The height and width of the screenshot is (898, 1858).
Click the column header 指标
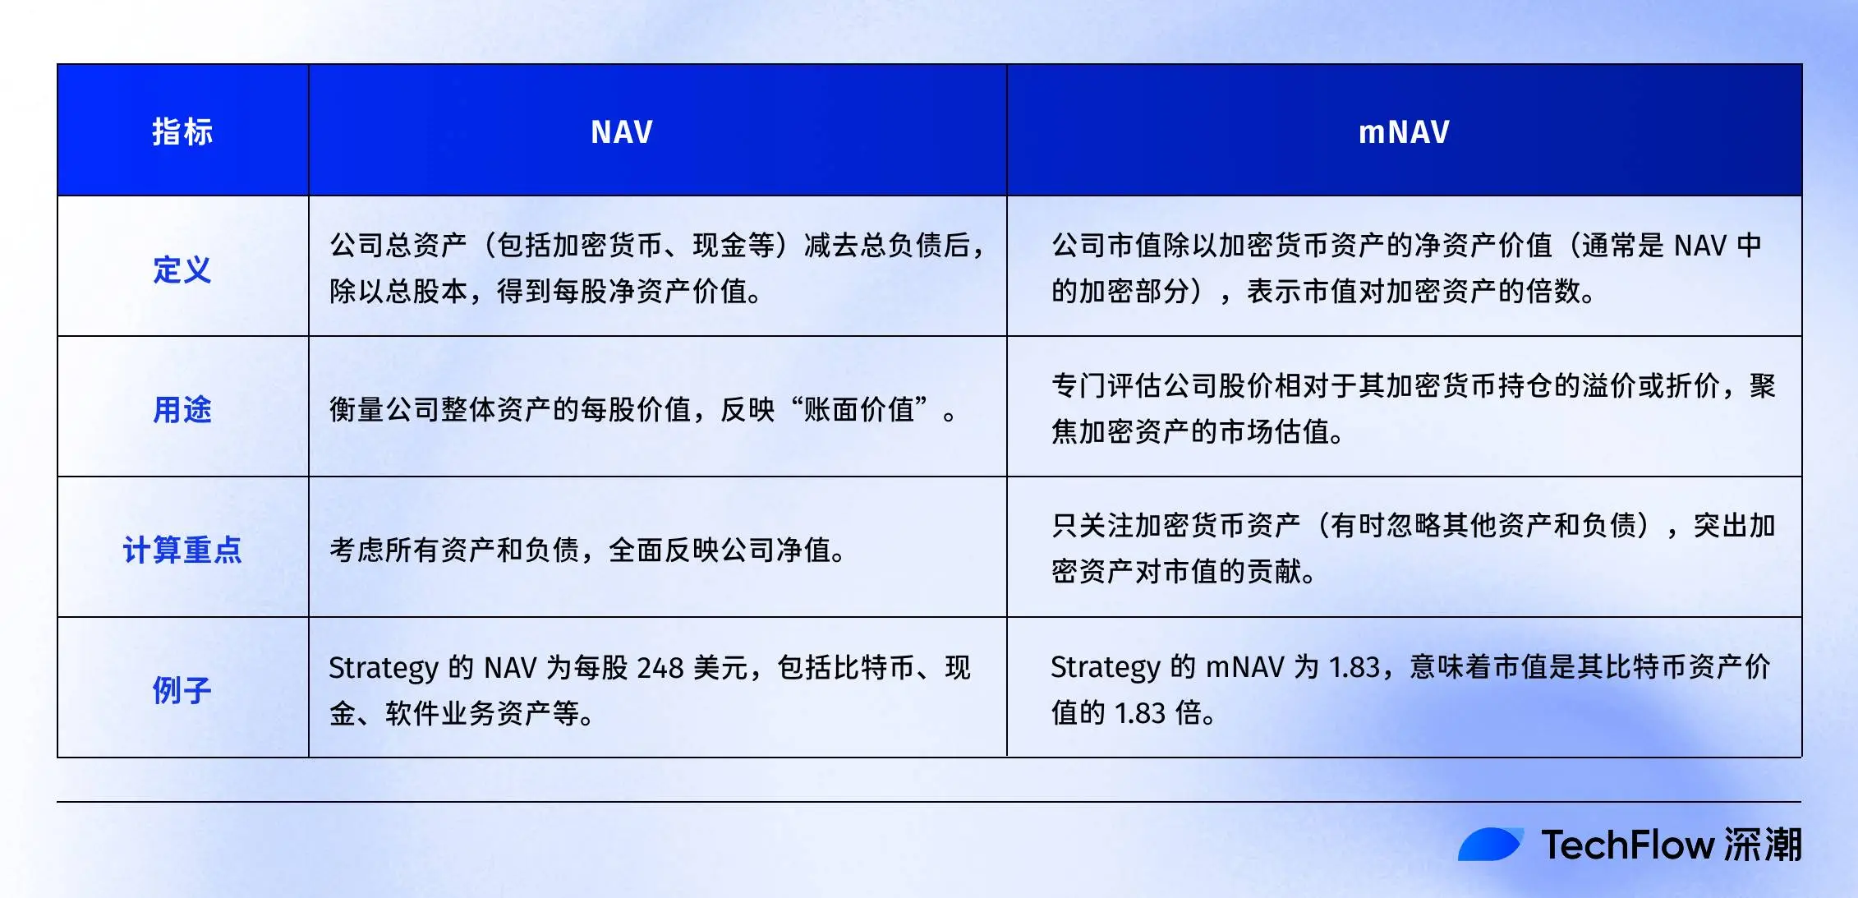tap(182, 131)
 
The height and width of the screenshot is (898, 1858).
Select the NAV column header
tap(622, 131)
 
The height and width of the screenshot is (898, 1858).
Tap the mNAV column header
tap(1404, 131)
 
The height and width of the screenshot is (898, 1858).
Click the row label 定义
tap(182, 269)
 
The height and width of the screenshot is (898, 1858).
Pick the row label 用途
tap(182, 409)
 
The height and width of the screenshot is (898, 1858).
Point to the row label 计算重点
tap(182, 550)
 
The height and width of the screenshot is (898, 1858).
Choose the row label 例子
tap(182, 690)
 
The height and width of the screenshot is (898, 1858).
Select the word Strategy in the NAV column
tap(383, 668)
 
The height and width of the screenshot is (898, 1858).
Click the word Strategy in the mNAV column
tap(1105, 667)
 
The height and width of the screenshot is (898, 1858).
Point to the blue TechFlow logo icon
tap(1490, 845)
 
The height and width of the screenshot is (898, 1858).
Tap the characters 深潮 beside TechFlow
tap(1763, 845)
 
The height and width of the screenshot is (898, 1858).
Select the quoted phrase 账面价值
tap(859, 409)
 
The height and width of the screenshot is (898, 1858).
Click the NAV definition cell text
tap(657, 268)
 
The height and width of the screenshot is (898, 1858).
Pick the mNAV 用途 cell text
tap(1413, 408)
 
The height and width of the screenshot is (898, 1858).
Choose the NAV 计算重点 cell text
tap(587, 550)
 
